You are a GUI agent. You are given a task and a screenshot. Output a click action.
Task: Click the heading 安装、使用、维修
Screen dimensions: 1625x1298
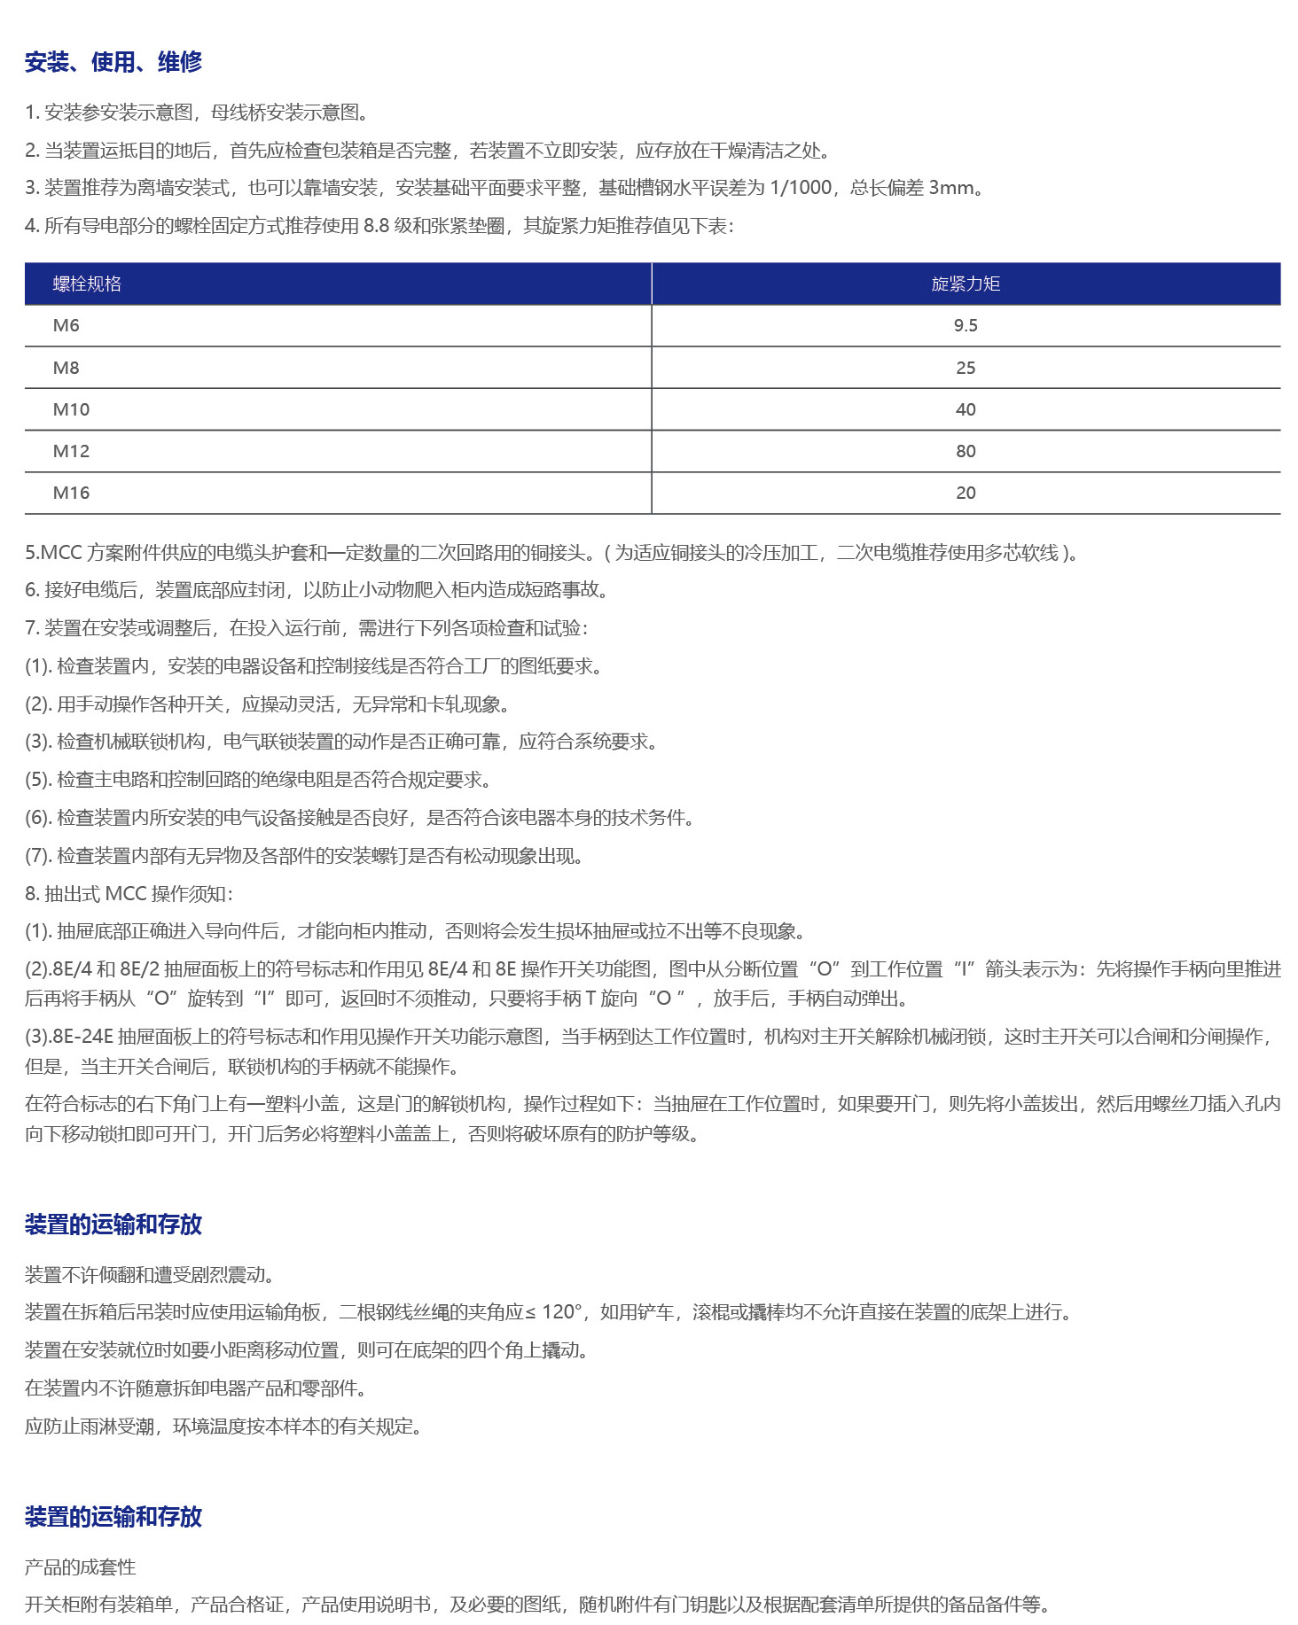pyautogui.click(x=113, y=62)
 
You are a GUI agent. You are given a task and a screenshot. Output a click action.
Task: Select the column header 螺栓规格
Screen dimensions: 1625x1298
pyautogui.click(x=87, y=284)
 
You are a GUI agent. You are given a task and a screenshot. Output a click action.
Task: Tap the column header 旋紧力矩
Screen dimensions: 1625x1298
pyautogui.click(x=966, y=284)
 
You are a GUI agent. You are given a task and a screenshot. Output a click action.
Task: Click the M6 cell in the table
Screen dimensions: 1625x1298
pyautogui.click(x=66, y=325)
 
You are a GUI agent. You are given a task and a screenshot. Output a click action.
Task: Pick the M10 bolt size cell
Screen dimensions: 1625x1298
pyautogui.click(x=71, y=409)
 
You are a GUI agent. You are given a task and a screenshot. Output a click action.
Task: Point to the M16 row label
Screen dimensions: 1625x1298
pyautogui.click(x=71, y=493)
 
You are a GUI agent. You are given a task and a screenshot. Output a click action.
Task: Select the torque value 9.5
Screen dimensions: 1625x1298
pyautogui.click(x=966, y=325)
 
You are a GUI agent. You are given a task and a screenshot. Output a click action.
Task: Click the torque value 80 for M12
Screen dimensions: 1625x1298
pyautogui.click(x=966, y=451)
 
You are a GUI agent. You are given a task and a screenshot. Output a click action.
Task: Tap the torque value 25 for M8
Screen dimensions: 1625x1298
pyautogui.click(x=966, y=368)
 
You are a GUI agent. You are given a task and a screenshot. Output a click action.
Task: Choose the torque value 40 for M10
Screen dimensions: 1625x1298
pyautogui.click(x=966, y=409)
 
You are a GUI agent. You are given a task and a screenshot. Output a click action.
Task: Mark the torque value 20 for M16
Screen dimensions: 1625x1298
pyautogui.click(x=966, y=493)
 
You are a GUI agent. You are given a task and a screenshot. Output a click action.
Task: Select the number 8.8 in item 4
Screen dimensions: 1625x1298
pyautogui.click(x=376, y=226)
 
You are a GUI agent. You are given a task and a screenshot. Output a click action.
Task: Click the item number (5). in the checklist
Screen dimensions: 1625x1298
pyautogui.click(x=38, y=780)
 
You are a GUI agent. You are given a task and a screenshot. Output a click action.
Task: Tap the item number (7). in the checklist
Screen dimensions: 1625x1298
pyautogui.click(x=38, y=856)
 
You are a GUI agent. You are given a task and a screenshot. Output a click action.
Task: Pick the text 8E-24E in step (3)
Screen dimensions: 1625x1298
pyautogui.click(x=82, y=1037)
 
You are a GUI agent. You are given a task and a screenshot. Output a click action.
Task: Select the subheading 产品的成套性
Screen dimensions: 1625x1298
pyautogui.click(x=81, y=1567)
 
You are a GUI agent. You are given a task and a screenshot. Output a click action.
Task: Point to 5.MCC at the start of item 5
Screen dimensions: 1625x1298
pyautogui.click(x=53, y=553)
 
